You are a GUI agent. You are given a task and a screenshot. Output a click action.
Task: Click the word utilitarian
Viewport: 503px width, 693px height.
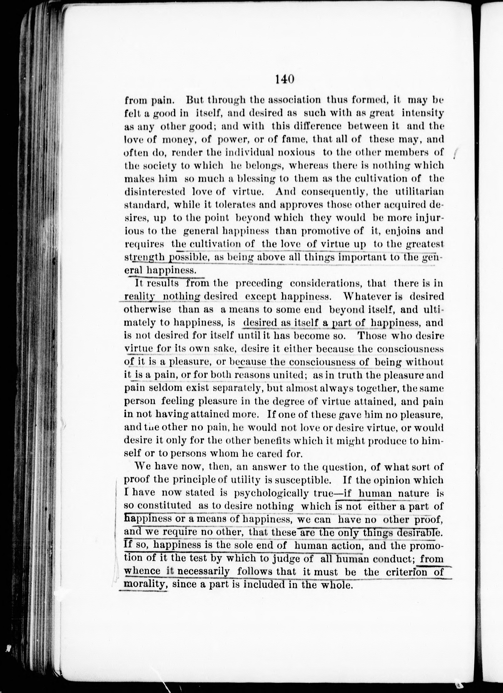417,192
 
